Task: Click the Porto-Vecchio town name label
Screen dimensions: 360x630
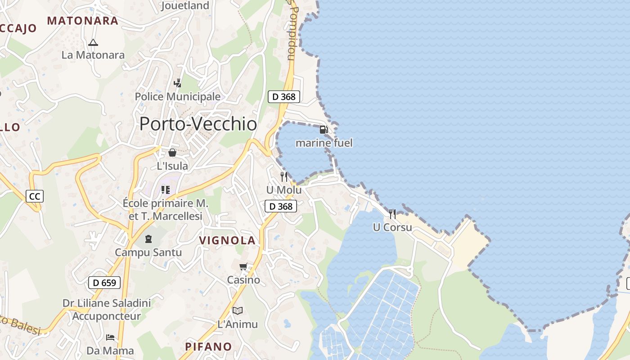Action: (198, 124)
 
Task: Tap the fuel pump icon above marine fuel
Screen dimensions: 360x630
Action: (324, 130)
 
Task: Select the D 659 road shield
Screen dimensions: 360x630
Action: (104, 283)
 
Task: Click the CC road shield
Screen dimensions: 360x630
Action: (35, 196)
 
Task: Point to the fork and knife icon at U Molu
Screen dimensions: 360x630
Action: (283, 176)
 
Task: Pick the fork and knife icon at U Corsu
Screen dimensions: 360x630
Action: (392, 214)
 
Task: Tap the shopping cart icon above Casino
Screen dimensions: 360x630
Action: (243, 267)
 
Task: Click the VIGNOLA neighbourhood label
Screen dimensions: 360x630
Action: (227, 240)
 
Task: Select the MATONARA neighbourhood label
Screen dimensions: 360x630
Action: (83, 21)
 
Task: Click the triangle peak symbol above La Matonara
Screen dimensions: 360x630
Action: (93, 43)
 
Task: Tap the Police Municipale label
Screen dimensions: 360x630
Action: (178, 97)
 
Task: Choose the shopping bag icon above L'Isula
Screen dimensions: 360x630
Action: (172, 153)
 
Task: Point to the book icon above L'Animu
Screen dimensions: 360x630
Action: (238, 310)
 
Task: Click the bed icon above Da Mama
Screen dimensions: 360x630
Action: (110, 337)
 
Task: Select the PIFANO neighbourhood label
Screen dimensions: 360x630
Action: (209, 346)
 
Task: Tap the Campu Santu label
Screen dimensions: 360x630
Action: (148, 252)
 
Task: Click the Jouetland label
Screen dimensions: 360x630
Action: (185, 6)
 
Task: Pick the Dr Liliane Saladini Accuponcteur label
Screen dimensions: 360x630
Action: (107, 310)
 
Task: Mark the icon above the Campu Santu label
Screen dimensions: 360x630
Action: (148, 238)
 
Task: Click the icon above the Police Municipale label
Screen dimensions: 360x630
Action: (178, 83)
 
